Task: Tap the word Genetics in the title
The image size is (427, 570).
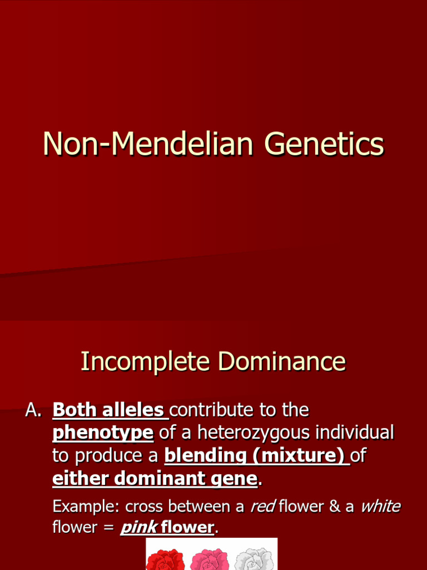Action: pos(324,144)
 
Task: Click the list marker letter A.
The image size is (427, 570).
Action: pos(33,411)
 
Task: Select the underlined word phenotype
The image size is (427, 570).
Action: pos(103,433)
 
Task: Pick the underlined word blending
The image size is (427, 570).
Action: pos(205,455)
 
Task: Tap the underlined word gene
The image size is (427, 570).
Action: pos(239,478)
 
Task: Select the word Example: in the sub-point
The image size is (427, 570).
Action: pos(86,507)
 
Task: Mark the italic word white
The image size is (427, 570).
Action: pos(380,507)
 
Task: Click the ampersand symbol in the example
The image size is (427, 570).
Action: pos(334,507)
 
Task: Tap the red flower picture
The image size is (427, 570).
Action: pos(165,559)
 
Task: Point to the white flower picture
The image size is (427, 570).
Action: pos(254,559)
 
